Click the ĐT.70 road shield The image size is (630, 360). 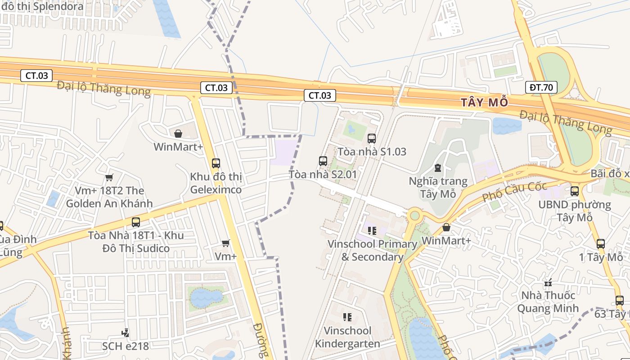[541, 87]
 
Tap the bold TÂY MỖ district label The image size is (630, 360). [484, 103]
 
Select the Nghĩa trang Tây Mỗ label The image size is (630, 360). [438, 188]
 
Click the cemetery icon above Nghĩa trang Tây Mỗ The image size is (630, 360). [437, 168]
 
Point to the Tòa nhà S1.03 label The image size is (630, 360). [372, 152]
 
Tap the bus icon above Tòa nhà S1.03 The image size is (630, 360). [371, 138]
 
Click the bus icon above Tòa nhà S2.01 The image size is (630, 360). [323, 161]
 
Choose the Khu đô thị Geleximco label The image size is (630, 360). [216, 183]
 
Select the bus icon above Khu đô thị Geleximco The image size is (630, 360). [216, 163]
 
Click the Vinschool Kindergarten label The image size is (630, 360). [347, 337]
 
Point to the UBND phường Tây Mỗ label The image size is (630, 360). [575, 211]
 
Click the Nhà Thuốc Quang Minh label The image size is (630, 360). [548, 302]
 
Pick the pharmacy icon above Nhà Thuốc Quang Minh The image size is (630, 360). [548, 283]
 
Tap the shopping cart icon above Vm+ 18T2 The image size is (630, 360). [109, 177]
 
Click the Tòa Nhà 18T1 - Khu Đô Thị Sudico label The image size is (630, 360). [136, 242]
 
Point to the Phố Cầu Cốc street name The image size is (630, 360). [514, 191]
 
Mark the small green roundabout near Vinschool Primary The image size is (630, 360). [414, 216]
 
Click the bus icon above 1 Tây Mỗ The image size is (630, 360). [600, 244]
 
